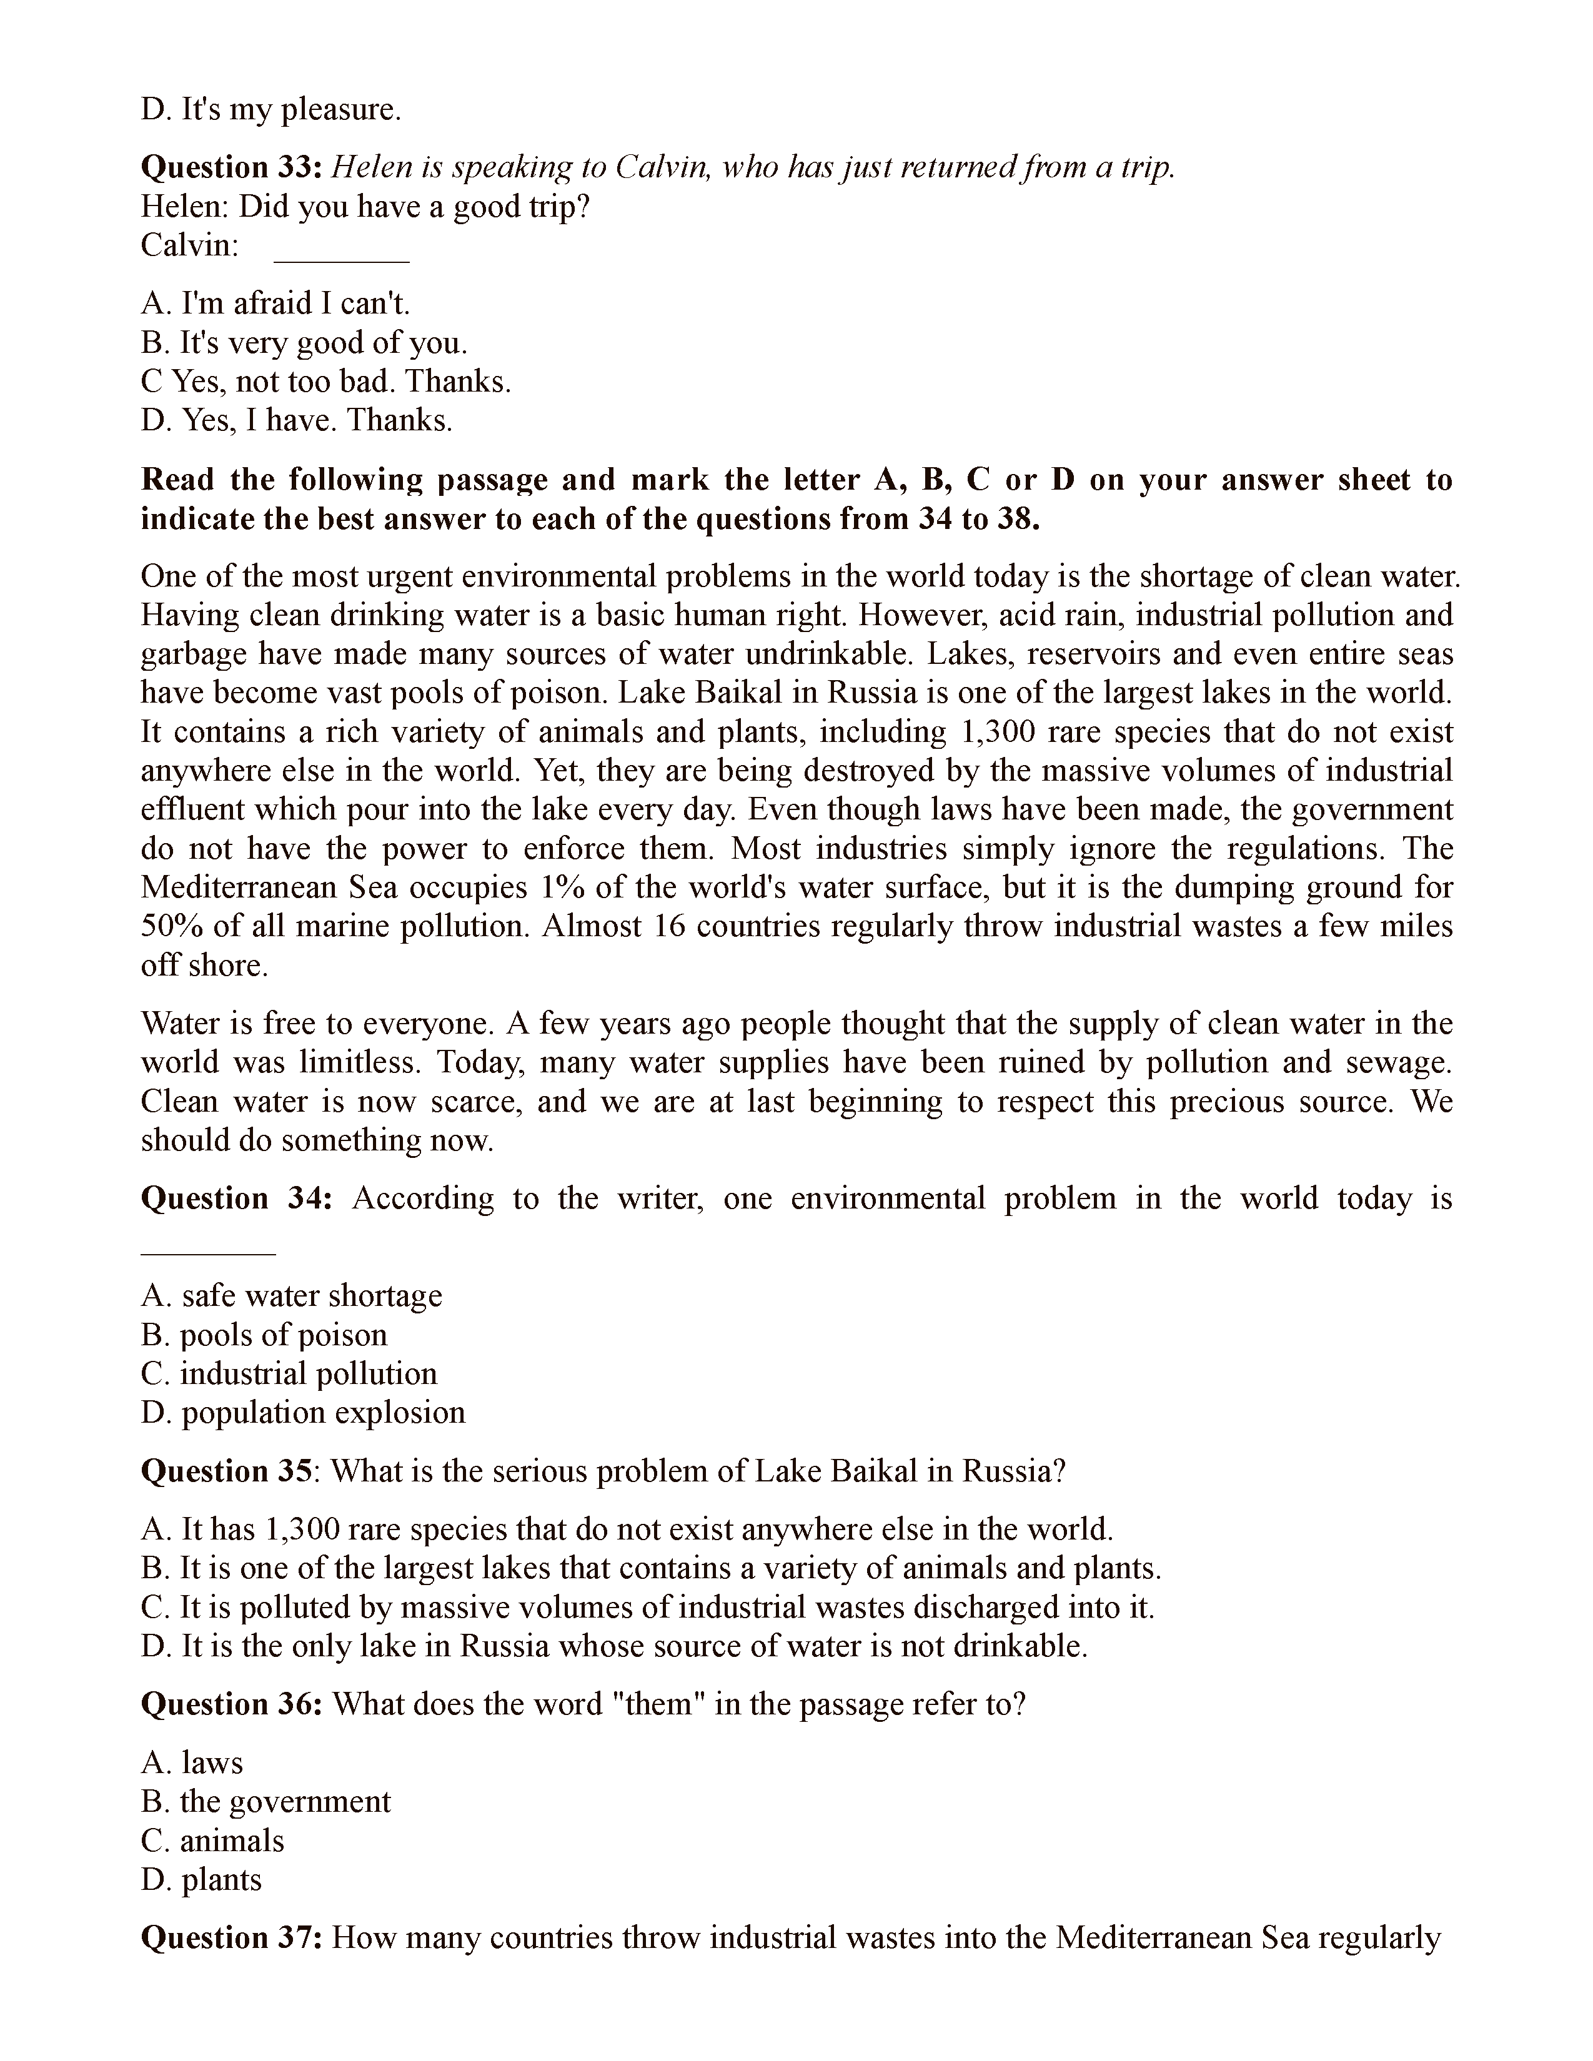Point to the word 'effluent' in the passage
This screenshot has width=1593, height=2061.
coord(189,809)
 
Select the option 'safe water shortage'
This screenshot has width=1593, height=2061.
coord(292,1296)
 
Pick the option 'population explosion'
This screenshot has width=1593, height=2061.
coord(303,1413)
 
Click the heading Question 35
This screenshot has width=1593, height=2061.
coord(227,1471)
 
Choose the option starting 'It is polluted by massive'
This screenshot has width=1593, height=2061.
coord(647,1607)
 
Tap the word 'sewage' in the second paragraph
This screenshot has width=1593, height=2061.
coord(1397,1062)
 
